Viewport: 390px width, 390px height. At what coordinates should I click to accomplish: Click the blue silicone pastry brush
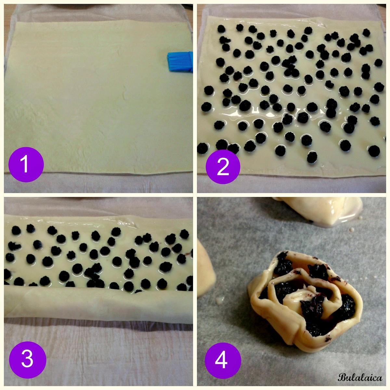(180, 62)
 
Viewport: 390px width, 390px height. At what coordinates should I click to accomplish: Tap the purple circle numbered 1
(26, 164)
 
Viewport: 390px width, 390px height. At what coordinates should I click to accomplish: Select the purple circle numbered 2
(223, 167)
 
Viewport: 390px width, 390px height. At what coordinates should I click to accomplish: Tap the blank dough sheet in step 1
(98, 97)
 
